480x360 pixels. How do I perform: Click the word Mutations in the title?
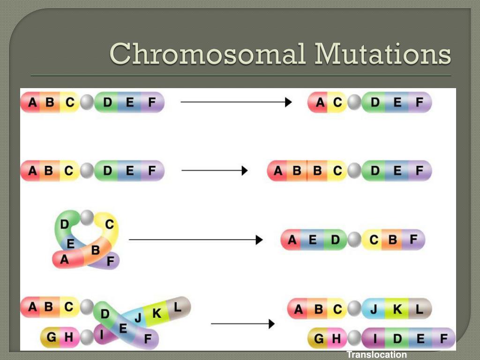pos(383,54)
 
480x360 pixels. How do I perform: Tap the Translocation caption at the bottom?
pos(377,355)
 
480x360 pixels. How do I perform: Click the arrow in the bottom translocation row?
pos(242,323)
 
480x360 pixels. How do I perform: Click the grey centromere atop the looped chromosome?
pos(87,217)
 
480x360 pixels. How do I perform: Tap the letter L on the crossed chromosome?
pos(178,307)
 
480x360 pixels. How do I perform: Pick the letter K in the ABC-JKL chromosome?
pos(397,309)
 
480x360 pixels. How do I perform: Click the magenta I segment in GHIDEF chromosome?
pos(375,338)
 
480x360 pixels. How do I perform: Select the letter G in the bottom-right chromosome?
pos(319,338)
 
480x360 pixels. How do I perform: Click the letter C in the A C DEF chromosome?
pos(337,102)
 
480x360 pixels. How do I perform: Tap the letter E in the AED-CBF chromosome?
pos(313,240)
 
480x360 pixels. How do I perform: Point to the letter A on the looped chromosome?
pos(64,259)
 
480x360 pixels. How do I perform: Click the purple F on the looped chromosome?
pos(110,261)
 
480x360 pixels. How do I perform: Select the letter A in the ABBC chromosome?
pos(278,171)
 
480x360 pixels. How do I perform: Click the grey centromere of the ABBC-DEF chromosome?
pos(354,171)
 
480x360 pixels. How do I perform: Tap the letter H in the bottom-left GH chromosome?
pos(68,337)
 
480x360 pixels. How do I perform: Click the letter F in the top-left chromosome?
pos(151,102)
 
